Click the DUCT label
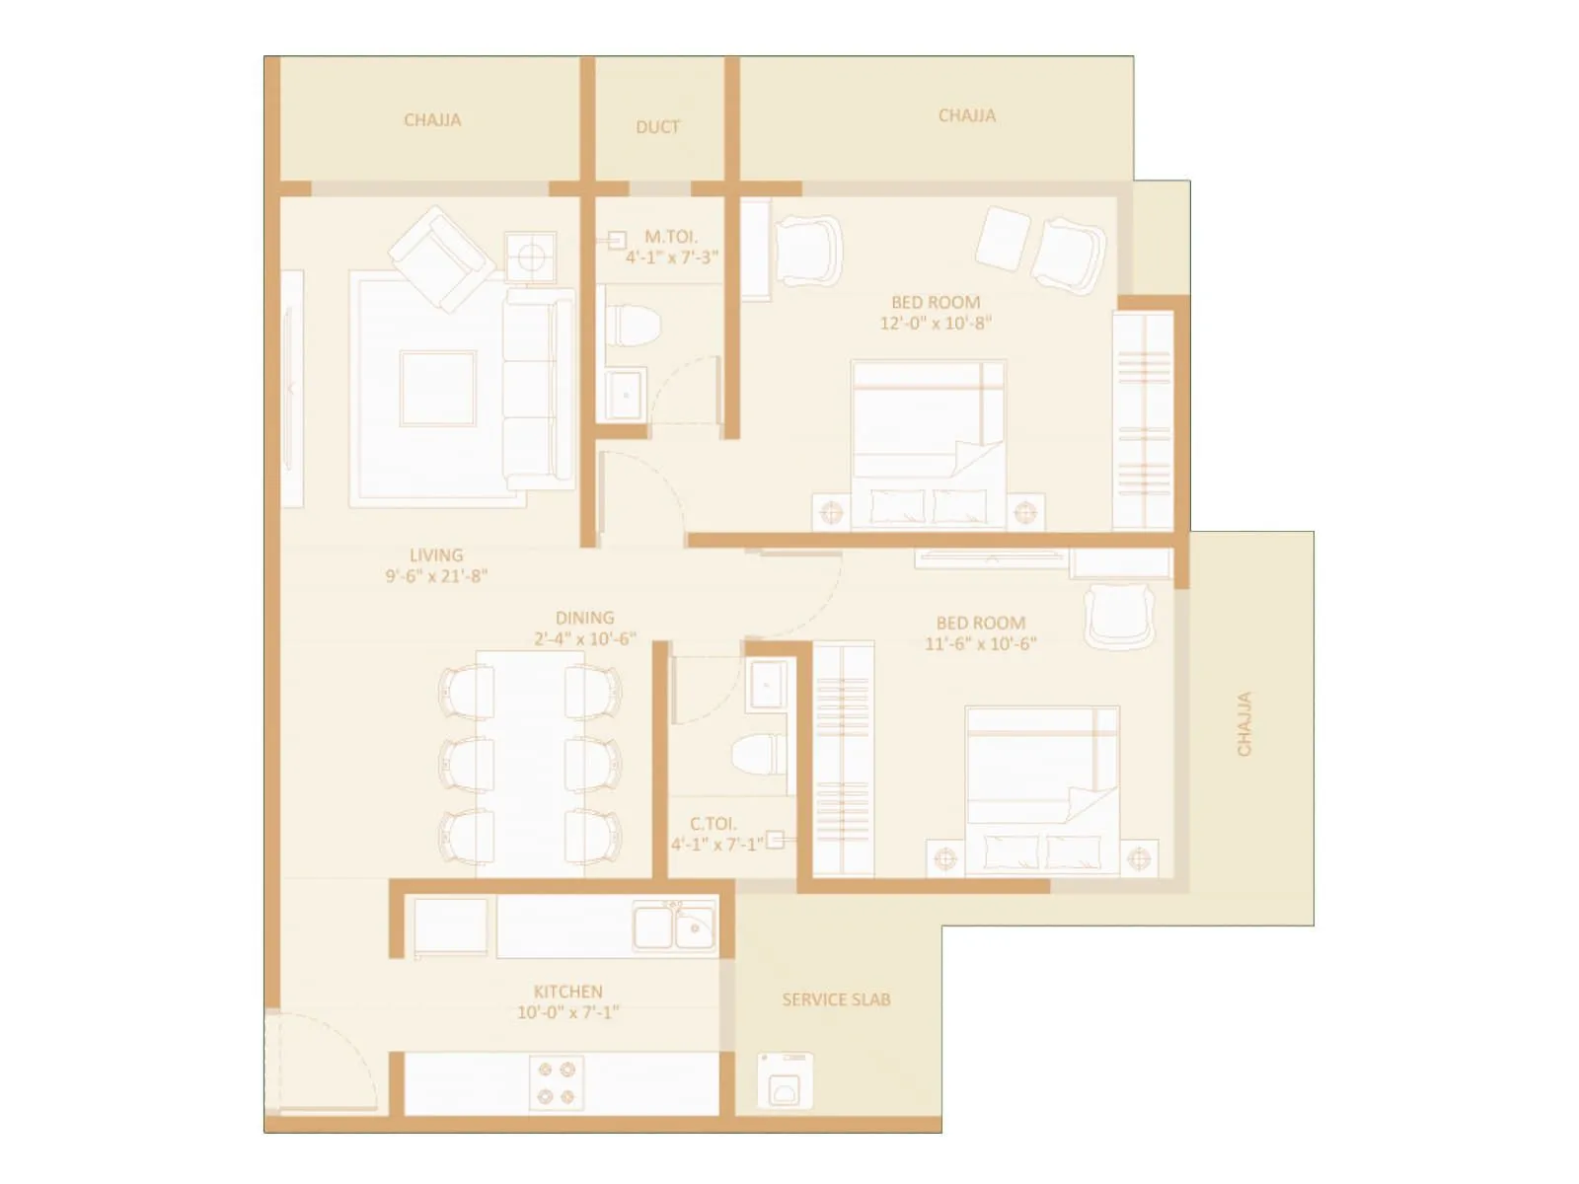click(657, 126)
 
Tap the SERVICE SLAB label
click(836, 999)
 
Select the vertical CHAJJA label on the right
click(1243, 723)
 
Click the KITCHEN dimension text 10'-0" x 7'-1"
click(567, 1012)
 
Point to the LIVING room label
click(436, 555)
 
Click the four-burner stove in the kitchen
click(556, 1082)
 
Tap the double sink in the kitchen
click(675, 927)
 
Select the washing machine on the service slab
click(786, 1080)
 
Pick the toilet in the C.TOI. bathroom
click(760, 755)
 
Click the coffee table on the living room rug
click(437, 388)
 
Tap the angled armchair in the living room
click(441, 256)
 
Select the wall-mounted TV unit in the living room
click(292, 389)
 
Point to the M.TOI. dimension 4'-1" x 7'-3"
click(671, 258)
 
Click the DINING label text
click(584, 618)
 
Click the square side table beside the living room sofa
click(531, 258)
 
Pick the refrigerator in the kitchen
click(450, 927)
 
